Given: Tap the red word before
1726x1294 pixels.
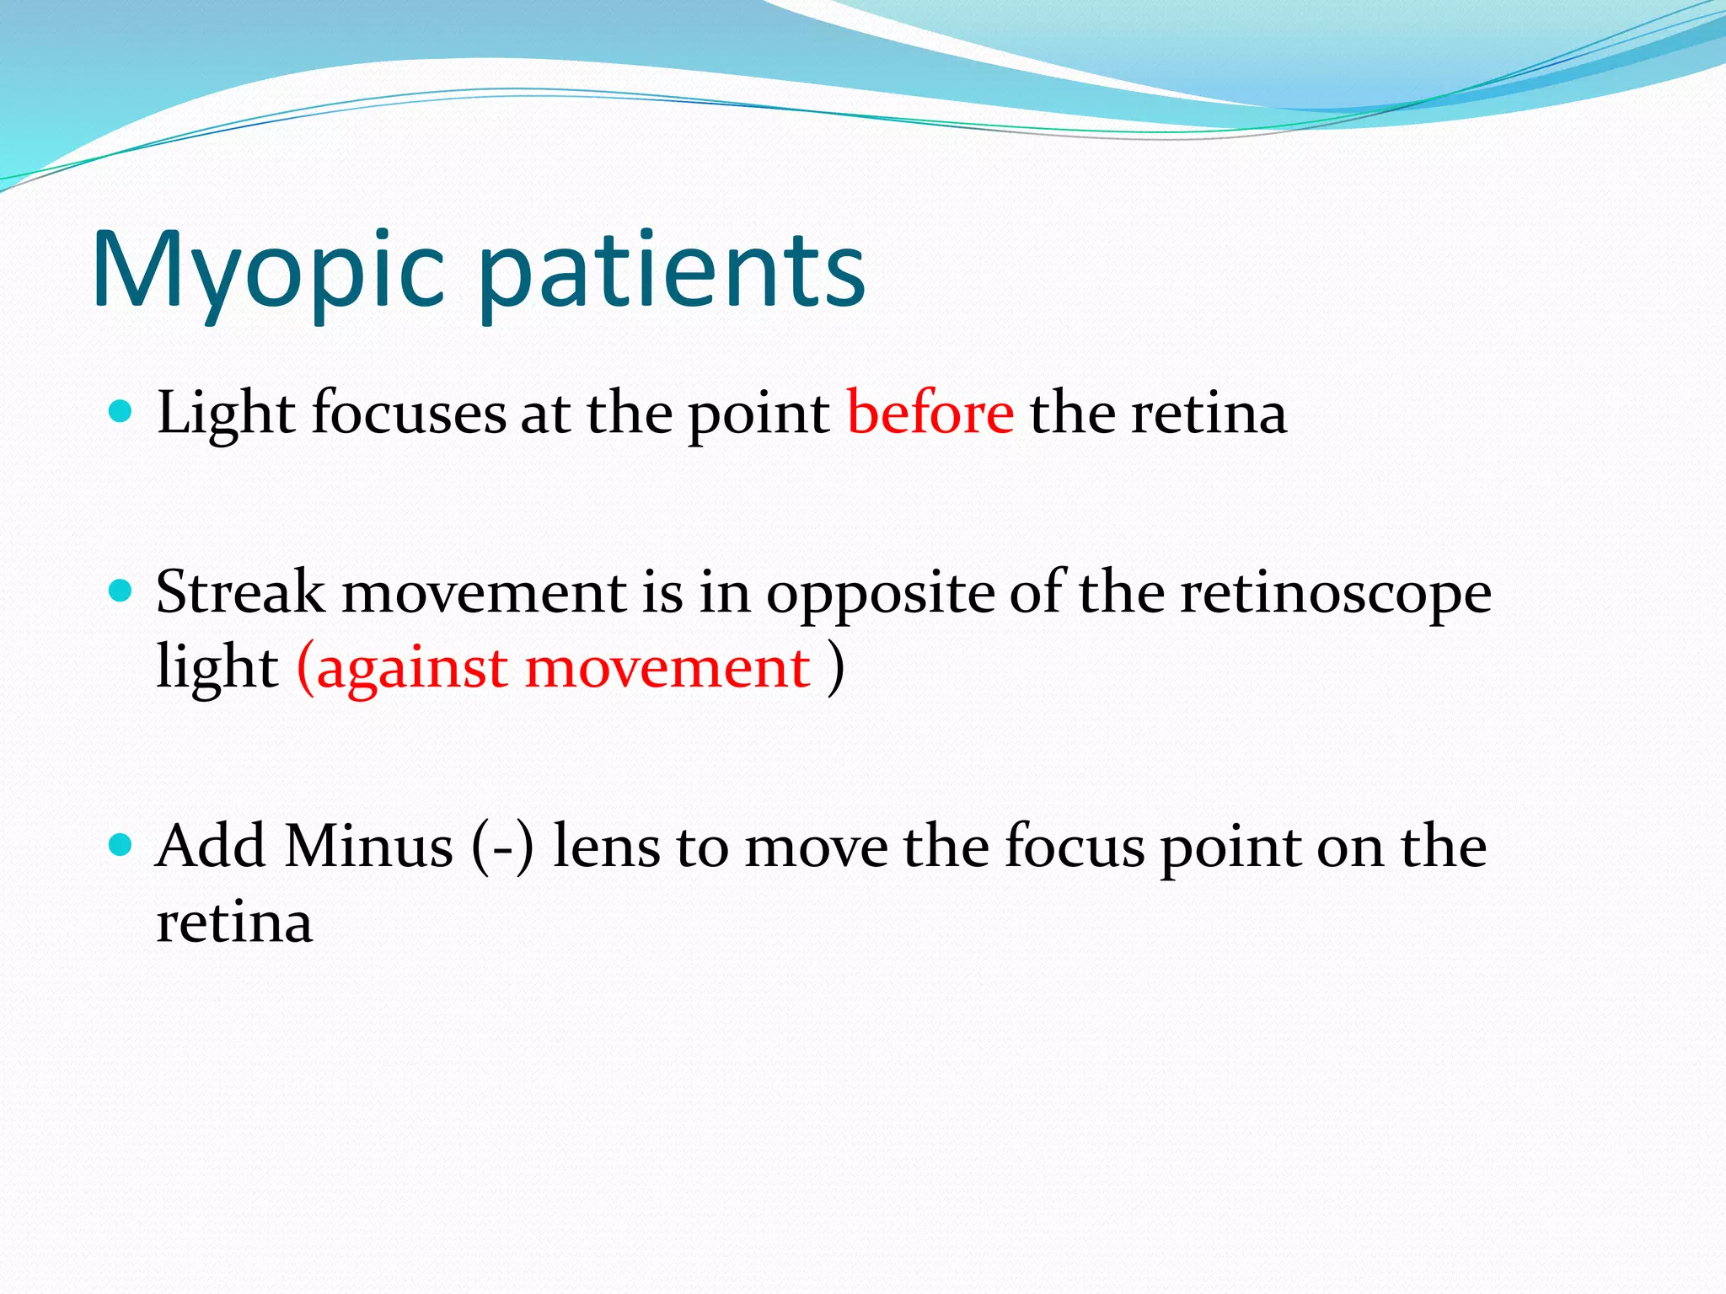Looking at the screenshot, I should (x=930, y=413).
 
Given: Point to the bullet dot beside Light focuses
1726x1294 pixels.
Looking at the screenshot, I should (x=121, y=412).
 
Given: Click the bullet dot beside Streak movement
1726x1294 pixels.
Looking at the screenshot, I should (x=121, y=591).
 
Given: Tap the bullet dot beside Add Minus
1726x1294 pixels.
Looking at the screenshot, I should (x=121, y=844).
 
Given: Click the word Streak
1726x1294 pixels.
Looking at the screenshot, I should (x=239, y=592).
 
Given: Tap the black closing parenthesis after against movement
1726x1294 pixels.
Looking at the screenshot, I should (x=835, y=669).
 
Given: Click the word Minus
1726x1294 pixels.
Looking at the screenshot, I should (x=368, y=846).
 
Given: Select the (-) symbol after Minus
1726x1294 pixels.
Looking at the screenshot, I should (x=502, y=848).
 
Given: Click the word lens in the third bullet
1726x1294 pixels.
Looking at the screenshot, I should (x=606, y=846).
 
